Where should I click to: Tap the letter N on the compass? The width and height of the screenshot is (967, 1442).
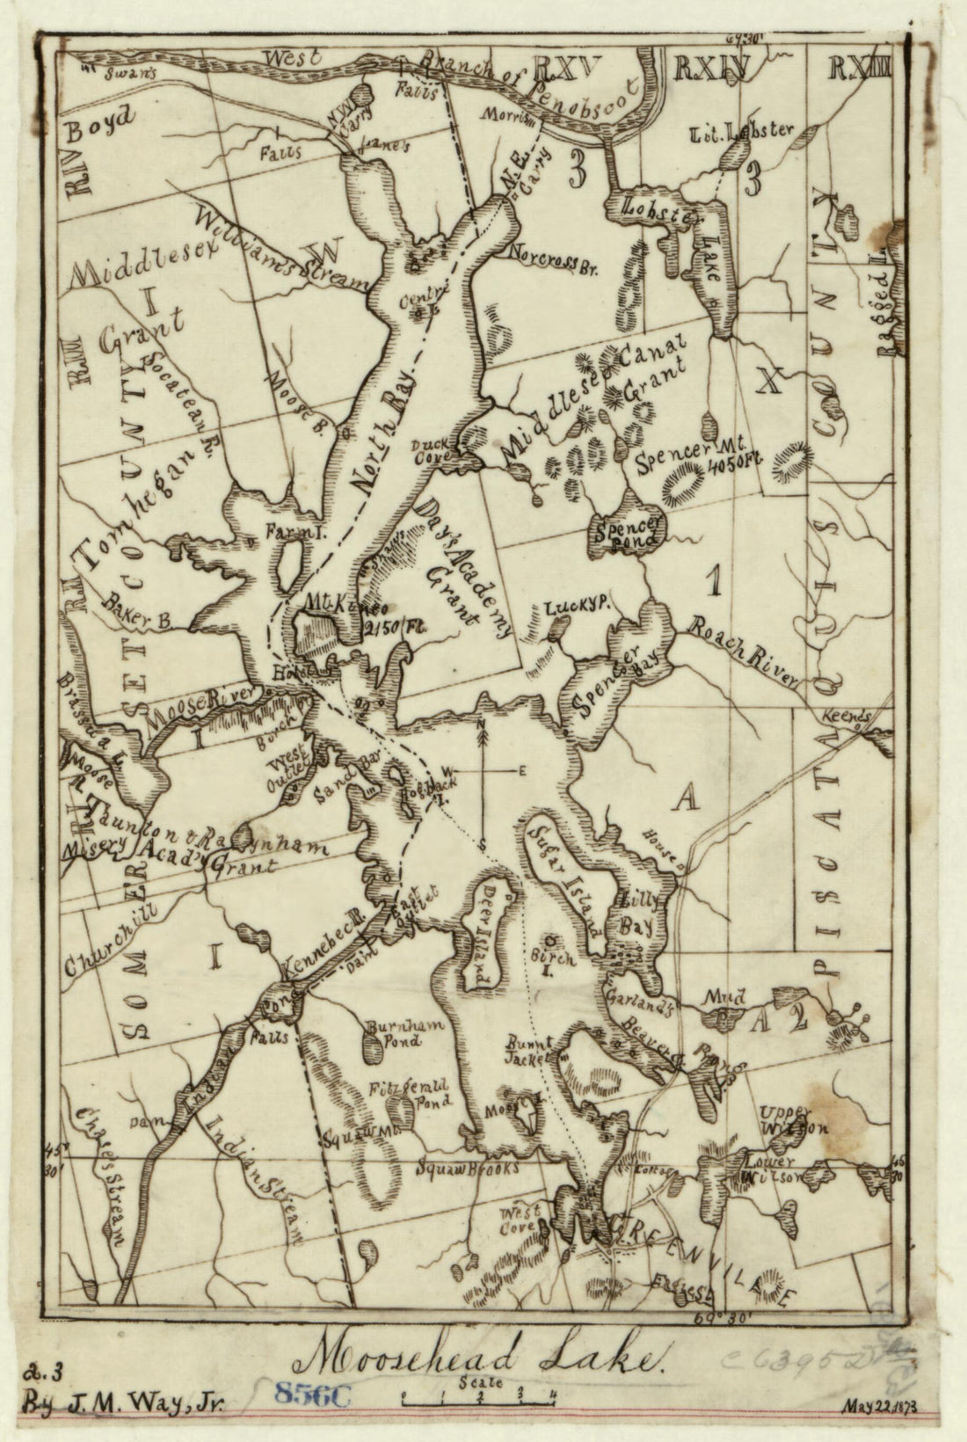[483, 725]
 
